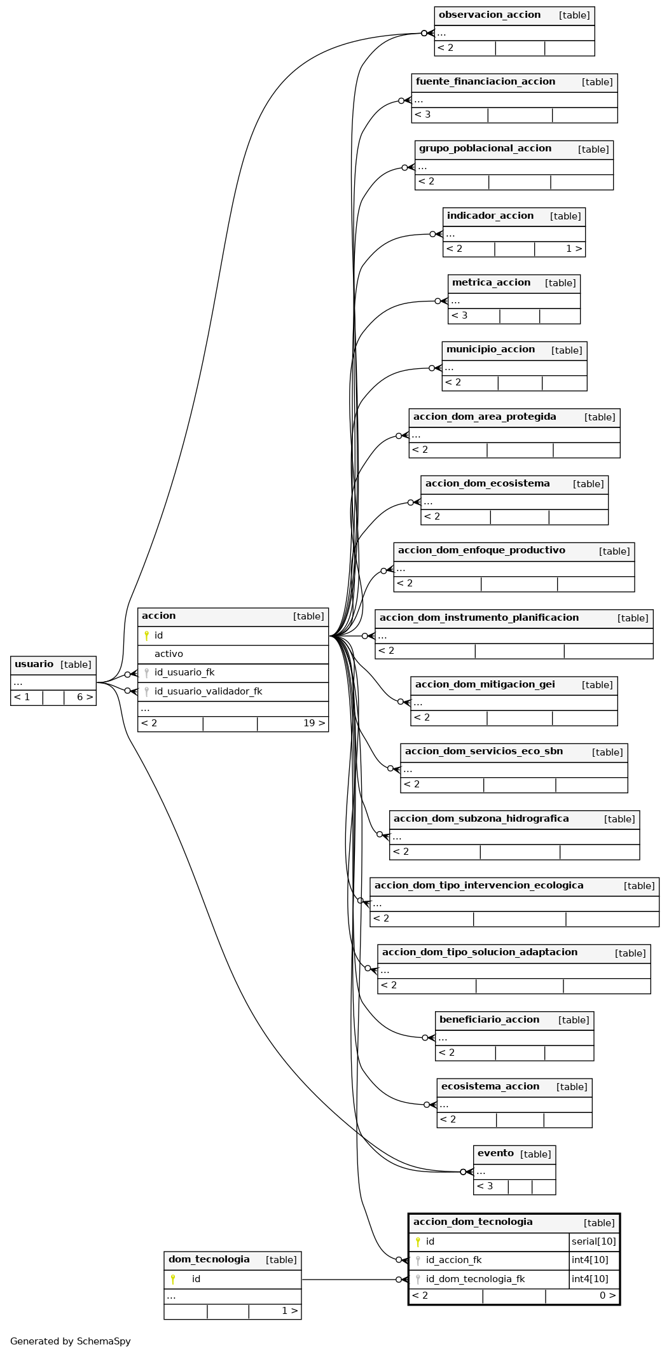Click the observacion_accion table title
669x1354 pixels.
pyautogui.click(x=490, y=15)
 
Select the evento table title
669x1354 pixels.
pyautogui.click(x=495, y=1153)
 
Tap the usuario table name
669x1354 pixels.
pyautogui.click(x=34, y=664)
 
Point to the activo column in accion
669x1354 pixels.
pyautogui.click(x=169, y=654)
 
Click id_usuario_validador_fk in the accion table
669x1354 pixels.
pyautogui.click(x=208, y=691)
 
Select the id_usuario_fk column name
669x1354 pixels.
pyautogui.click(x=184, y=672)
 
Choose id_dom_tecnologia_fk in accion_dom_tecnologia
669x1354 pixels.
pyautogui.click(x=475, y=1279)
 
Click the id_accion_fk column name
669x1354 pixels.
pyautogui.click(x=453, y=1260)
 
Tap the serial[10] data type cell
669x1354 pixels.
pyautogui.click(x=594, y=1241)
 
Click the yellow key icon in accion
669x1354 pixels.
pyautogui.click(x=146, y=635)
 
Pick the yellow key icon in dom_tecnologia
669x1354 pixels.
pyautogui.click(x=172, y=1279)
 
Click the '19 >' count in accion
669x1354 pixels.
pyautogui.click(x=314, y=723)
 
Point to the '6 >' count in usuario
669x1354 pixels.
pyautogui.click(x=85, y=697)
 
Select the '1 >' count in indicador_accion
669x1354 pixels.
pyautogui.click(x=574, y=249)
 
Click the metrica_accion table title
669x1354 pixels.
pyautogui.click(x=491, y=282)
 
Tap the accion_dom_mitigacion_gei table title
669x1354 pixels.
pyautogui.click(x=485, y=684)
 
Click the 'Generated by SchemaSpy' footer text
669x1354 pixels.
pyautogui.click(x=71, y=1341)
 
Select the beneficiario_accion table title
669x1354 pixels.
pyautogui.click(x=489, y=1019)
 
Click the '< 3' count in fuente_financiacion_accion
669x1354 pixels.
pyautogui.click(x=423, y=114)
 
